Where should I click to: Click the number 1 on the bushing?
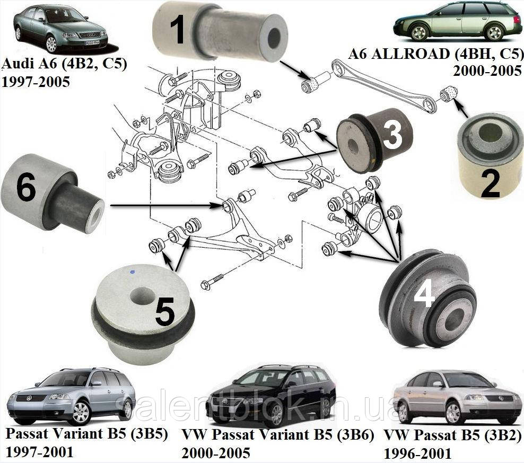(x=178, y=29)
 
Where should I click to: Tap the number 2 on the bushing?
(x=488, y=184)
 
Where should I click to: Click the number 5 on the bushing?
(x=165, y=310)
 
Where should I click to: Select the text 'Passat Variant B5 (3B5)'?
(x=87, y=435)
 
